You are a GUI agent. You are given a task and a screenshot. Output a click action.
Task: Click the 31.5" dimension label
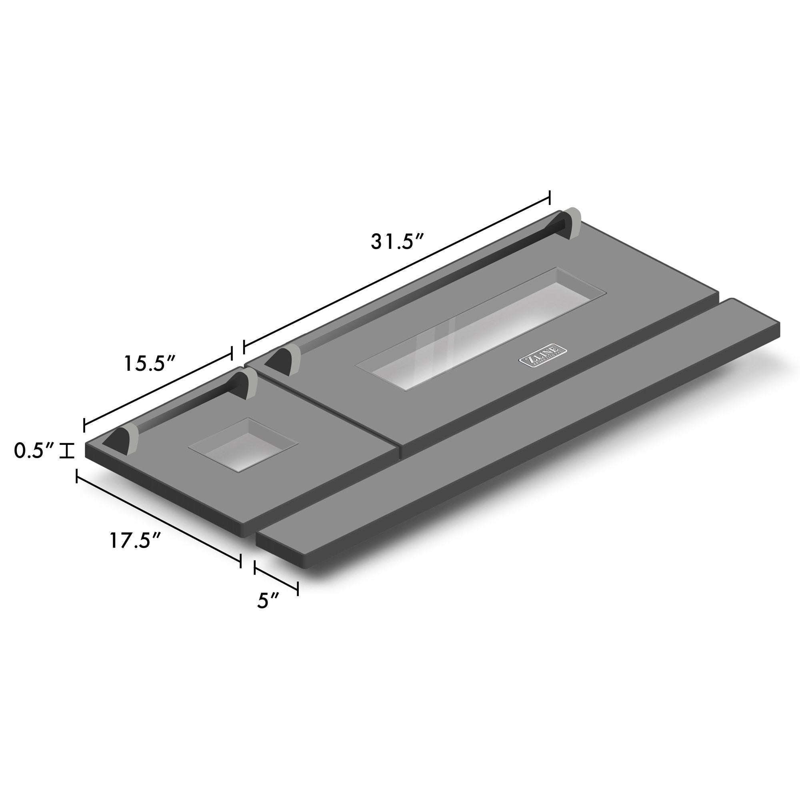397,242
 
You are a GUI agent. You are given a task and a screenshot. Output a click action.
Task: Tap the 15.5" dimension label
151,364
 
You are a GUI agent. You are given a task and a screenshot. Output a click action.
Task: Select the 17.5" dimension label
135,540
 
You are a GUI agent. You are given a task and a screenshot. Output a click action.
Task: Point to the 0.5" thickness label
34,450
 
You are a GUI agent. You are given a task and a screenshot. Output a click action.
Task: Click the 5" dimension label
268,601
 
